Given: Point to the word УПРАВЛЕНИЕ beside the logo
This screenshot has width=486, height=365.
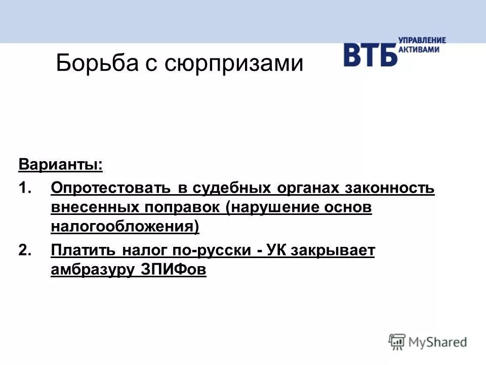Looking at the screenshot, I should click(422, 40).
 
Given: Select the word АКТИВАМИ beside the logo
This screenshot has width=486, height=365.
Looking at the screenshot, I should click(419, 49).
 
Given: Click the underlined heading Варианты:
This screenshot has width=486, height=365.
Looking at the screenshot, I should click(60, 165).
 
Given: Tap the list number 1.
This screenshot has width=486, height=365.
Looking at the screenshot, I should click(25, 188).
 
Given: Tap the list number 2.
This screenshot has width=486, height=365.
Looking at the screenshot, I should click(25, 250).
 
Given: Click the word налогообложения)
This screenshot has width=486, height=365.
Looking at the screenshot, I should click(125, 227).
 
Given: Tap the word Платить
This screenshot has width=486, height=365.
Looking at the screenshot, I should click(85, 250).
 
